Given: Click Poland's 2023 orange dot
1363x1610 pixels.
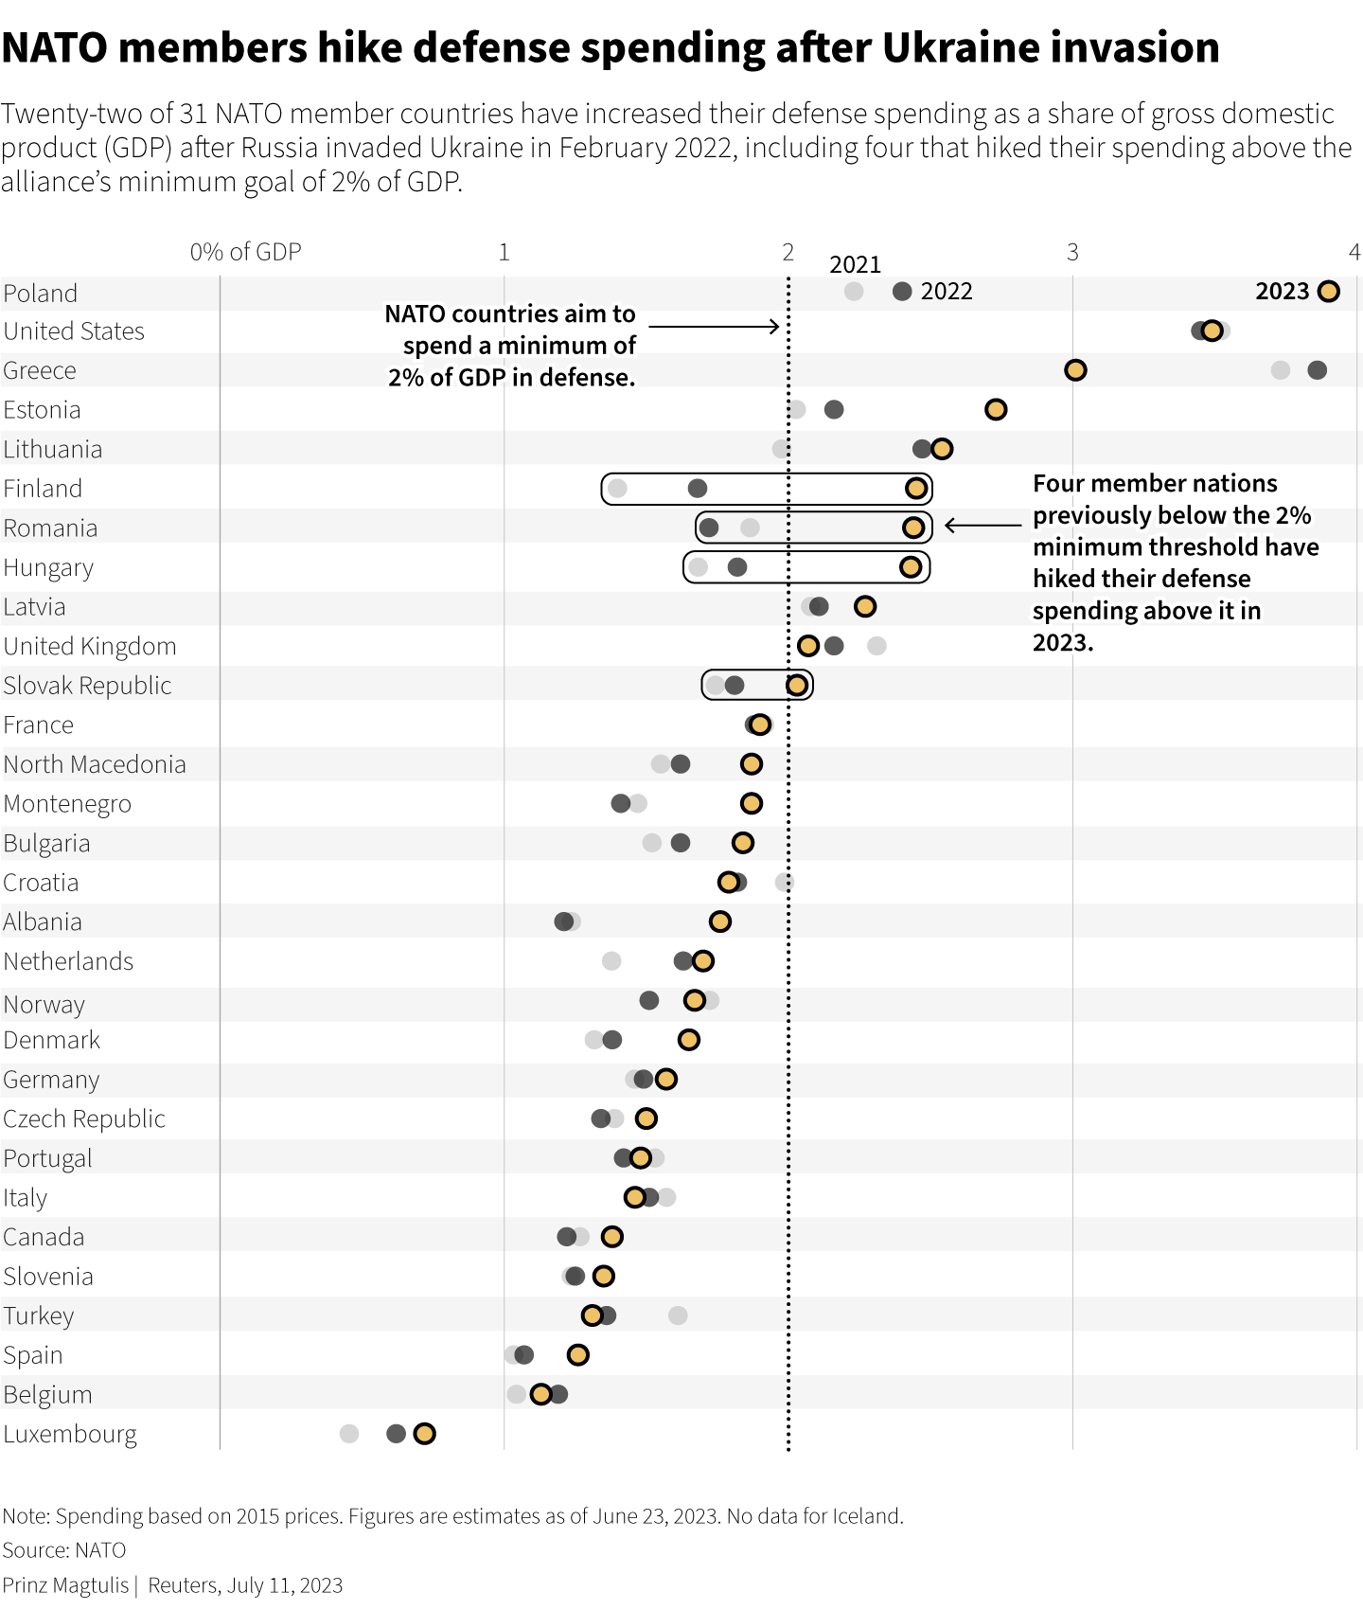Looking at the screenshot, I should pos(1328,292).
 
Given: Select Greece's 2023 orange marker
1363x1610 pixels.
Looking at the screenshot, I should pos(1074,370).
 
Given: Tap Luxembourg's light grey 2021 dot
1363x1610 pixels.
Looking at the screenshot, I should pos(349,1434).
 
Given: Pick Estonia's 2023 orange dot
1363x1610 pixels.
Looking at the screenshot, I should pos(995,409).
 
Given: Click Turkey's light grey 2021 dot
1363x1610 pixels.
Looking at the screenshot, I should pos(678,1315).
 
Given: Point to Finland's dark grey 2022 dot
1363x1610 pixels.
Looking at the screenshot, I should pos(698,489).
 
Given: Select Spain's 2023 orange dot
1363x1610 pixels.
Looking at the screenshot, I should pos(577,1355).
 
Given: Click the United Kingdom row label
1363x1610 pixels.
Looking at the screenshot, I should pos(90,647).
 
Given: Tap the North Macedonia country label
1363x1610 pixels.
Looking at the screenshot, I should pos(95,764).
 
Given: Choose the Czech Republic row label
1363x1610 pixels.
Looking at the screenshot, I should pos(84,1119).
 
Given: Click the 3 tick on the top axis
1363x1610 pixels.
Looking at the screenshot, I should pos(1072,252).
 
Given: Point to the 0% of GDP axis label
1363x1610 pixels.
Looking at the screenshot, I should pos(245,252).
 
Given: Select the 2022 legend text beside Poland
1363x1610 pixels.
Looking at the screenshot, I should pos(947,292).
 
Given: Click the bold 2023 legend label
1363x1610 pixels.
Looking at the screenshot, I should pos(1282,292).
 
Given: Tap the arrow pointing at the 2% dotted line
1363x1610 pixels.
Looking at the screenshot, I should pos(715,327).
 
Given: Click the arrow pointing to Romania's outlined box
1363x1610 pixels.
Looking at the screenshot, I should pos(983,526).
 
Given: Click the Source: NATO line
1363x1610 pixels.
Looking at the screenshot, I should pos(64,1550).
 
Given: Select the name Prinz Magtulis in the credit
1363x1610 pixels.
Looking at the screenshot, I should pos(65,1585).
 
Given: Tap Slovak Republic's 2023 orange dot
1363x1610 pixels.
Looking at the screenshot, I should pos(797,686).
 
